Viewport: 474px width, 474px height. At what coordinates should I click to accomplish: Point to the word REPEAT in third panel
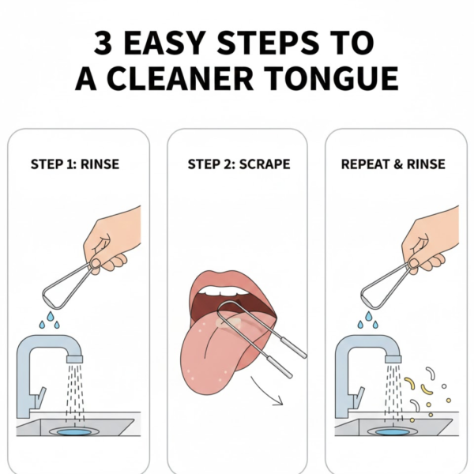367,165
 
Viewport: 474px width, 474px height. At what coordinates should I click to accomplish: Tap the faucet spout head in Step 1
75,358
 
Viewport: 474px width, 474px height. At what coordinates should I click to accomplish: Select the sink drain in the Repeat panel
392,432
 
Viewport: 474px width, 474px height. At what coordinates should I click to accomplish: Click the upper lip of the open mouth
229,279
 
